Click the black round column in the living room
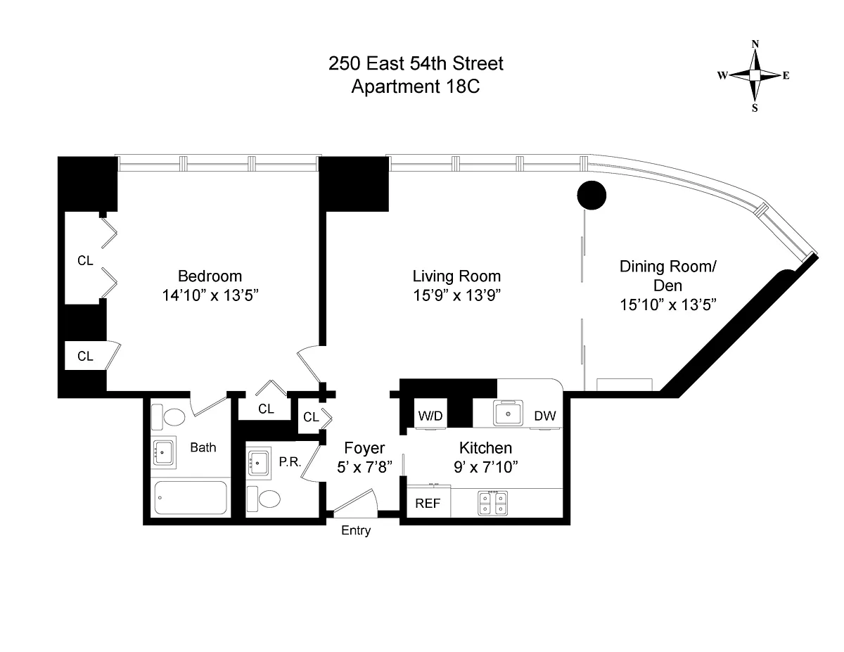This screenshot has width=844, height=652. tap(591, 196)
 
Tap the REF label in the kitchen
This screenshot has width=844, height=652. tap(428, 504)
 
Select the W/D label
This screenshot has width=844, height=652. tap(430, 416)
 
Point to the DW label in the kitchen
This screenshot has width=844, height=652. tap(545, 416)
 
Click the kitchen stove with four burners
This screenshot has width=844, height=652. tap(493, 504)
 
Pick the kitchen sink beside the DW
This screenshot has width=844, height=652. tap(508, 413)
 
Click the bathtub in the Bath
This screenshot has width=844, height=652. tap(191, 498)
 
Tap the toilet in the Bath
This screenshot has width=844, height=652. tap(168, 417)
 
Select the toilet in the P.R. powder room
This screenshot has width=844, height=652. tap(264, 499)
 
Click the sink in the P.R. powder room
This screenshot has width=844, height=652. tap(258, 463)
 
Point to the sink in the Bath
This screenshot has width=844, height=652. tap(163, 452)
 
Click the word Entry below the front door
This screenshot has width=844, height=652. tap(356, 530)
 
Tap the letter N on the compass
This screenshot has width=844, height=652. tap(755, 44)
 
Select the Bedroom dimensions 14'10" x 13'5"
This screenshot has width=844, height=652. tap(210, 295)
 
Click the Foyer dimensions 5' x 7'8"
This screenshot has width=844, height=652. tap(364, 467)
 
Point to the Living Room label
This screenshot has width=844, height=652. tap(456, 276)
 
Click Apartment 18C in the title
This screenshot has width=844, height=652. tap(416, 87)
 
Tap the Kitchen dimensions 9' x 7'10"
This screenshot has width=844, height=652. tap(485, 467)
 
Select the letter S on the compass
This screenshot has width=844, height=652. tap(755, 108)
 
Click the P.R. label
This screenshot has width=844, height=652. tap(290, 461)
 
